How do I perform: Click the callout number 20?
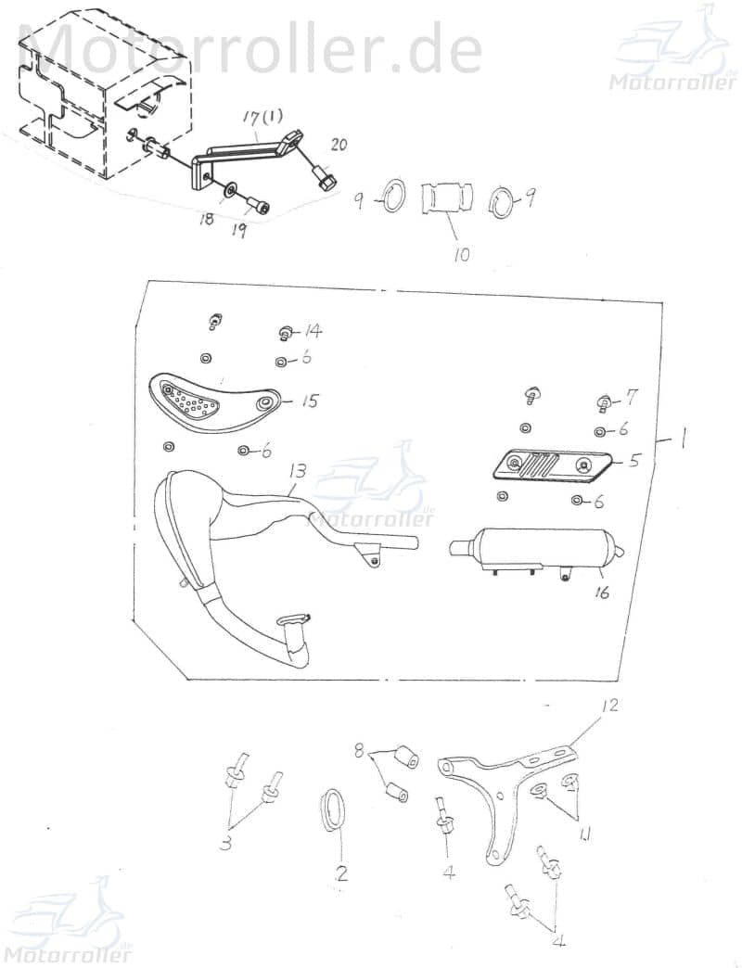pos(339,146)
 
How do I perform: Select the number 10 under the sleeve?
pos(461,254)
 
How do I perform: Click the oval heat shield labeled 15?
pos(213,403)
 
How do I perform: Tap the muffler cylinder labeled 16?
pos(536,548)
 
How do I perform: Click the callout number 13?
pos(297,472)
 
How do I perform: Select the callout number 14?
pos(313,332)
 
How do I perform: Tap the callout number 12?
pos(608,705)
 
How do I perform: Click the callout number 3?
pos(226,842)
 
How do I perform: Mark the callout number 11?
pos(583,834)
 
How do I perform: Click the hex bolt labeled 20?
pos(326,178)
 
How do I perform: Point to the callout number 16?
pos(602,592)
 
